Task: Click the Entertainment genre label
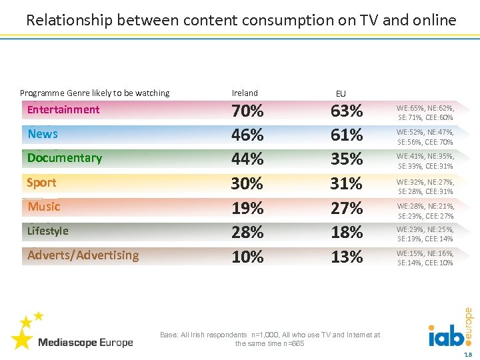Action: [63, 110]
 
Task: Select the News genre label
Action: [43, 134]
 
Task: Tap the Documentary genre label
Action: [65, 158]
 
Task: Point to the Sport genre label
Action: [41, 183]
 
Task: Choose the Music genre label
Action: [44, 207]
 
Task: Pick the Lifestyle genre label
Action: [47, 231]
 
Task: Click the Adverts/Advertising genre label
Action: [83, 255]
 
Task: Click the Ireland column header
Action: [245, 93]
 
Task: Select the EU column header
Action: [341, 94]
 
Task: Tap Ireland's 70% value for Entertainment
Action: [247, 111]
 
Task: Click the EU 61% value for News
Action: [347, 135]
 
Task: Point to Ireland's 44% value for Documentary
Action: [247, 159]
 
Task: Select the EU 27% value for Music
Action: [347, 208]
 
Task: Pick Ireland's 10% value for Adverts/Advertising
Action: [247, 257]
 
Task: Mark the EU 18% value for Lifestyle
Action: [347, 232]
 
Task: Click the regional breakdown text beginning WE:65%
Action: [425, 112]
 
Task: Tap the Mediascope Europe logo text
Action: [85, 343]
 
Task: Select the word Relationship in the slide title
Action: [69, 20]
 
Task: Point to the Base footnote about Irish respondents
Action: [270, 339]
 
